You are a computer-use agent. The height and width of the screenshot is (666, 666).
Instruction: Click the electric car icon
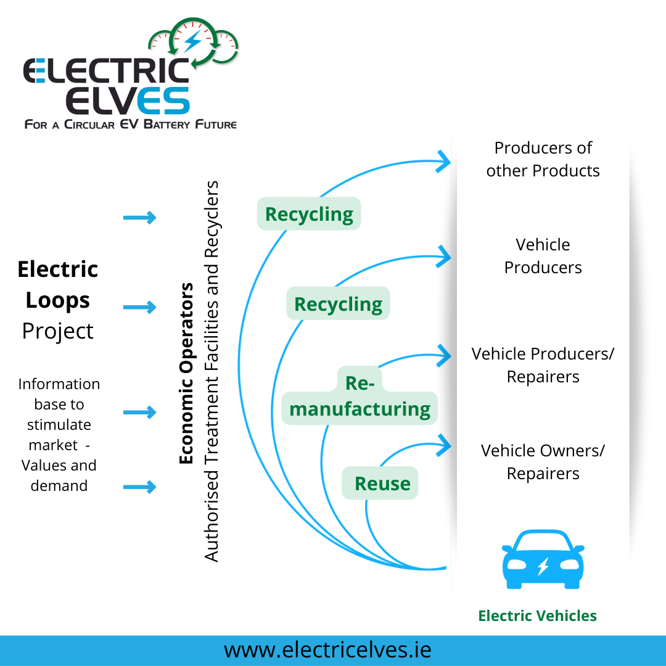tap(543, 559)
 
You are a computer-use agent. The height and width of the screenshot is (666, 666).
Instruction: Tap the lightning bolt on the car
tap(543, 565)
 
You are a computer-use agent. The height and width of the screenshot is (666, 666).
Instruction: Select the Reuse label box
tap(381, 483)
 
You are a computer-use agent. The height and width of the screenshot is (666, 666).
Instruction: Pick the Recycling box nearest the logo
tap(309, 214)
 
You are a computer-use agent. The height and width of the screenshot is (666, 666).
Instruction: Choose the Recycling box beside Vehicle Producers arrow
tap(338, 304)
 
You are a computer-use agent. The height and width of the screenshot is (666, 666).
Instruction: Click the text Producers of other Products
tap(543, 159)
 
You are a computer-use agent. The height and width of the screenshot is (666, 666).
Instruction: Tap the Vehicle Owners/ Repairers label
tap(543, 462)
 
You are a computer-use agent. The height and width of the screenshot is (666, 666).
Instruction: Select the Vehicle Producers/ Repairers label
tap(543, 365)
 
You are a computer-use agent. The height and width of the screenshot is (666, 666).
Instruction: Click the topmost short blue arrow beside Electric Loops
tap(140, 217)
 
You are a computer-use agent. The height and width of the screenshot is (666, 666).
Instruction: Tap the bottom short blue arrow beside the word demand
tap(140, 487)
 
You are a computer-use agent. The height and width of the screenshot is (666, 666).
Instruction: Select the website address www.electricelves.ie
tap(327, 650)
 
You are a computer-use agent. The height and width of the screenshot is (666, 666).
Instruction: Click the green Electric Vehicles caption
tap(537, 615)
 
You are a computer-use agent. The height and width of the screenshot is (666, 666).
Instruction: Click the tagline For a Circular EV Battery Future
tap(130, 125)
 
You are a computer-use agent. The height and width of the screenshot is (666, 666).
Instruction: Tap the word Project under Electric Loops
tap(58, 331)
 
